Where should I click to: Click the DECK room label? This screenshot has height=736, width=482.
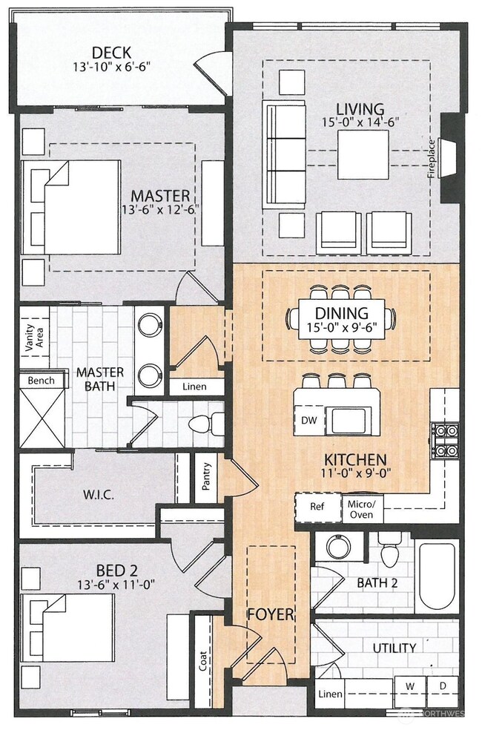(x=111, y=52)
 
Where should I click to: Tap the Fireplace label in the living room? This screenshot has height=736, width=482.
(x=432, y=159)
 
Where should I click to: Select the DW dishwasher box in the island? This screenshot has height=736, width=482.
(x=308, y=420)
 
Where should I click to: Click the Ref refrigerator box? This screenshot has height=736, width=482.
(x=317, y=507)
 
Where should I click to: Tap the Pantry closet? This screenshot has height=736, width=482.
(x=206, y=476)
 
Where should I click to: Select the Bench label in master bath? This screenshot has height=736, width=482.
(x=41, y=380)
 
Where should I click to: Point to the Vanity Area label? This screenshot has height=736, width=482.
(x=35, y=337)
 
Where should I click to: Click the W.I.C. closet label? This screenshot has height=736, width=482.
(x=99, y=495)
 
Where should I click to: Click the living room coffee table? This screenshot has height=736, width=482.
(x=363, y=154)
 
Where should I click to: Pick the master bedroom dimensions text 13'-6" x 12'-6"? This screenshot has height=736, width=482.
(x=159, y=209)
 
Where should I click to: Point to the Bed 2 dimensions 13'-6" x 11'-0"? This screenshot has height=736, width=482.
(x=117, y=585)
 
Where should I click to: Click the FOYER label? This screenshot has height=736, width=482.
(x=271, y=614)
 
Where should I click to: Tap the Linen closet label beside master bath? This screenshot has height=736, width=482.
(x=194, y=387)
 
